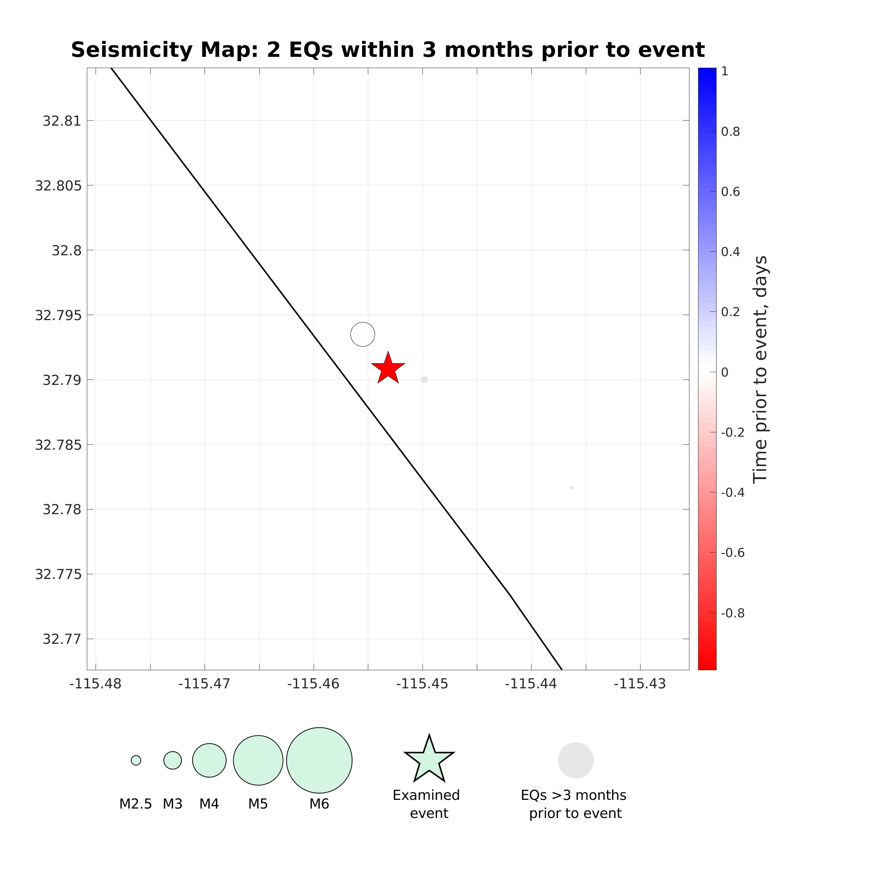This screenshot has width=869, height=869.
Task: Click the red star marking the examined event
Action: (388, 369)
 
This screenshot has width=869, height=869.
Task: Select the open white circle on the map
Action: (362, 334)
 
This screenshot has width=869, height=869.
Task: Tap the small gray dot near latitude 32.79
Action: (424, 379)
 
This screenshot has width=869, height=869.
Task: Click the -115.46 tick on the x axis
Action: (313, 684)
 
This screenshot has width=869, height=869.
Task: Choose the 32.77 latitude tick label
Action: (62, 639)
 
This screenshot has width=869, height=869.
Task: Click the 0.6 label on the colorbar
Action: (730, 192)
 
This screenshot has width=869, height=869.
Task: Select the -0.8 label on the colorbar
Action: (732, 613)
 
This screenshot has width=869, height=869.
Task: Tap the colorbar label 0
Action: (724, 373)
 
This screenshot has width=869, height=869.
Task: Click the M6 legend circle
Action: (319, 760)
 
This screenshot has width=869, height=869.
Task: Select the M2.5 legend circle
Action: (136, 760)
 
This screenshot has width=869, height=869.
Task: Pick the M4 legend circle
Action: (209, 760)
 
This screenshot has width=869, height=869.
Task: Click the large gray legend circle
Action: (576, 760)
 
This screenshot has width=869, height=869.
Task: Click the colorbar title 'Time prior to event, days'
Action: (760, 369)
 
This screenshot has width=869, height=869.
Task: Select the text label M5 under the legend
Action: (258, 804)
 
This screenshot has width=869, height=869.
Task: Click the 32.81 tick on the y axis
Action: (62, 121)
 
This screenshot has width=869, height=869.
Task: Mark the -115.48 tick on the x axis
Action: (95, 684)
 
